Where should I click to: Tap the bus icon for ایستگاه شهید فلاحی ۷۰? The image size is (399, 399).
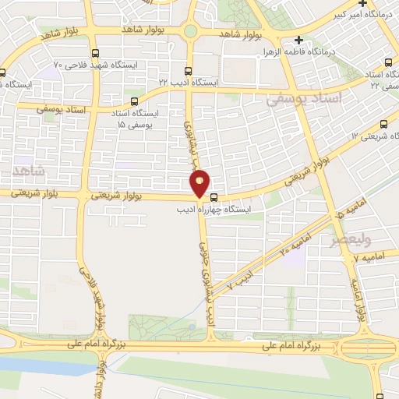click(95, 54)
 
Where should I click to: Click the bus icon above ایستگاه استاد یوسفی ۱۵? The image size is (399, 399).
click(134, 101)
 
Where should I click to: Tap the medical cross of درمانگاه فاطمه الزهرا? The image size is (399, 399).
click(299, 40)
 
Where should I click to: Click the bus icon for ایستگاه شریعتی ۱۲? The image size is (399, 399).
click(382, 124)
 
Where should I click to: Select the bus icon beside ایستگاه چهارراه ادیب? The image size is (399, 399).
click(214, 208)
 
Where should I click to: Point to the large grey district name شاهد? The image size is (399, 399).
click(30, 171)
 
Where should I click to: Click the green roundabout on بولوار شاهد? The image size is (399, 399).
click(189, 31)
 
